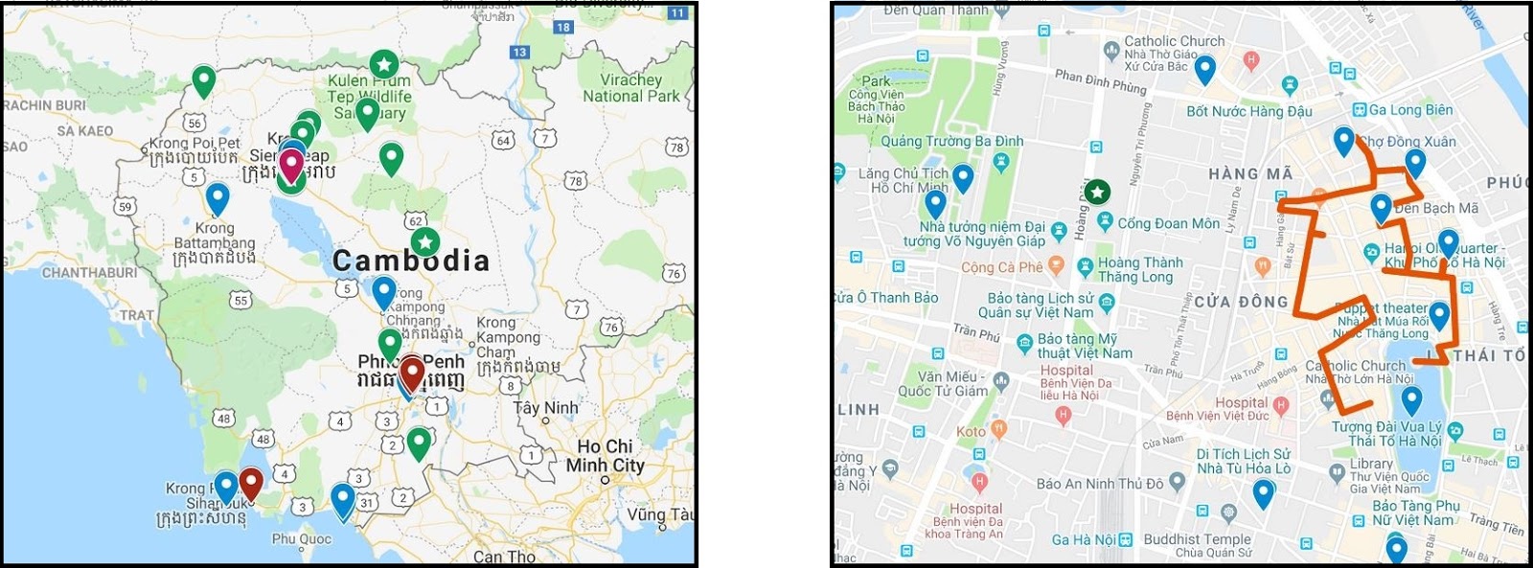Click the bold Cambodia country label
[x=411, y=261]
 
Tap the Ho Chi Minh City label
[x=605, y=456]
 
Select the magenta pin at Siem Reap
[x=290, y=166]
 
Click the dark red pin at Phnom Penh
[x=412, y=371]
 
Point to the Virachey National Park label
[x=630, y=88]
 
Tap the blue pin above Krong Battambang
[x=217, y=197]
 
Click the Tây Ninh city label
[x=546, y=408]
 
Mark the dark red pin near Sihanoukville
[x=251, y=482]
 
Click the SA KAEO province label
[x=84, y=131]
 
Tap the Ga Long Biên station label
[x=1410, y=110]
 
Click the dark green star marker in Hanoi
[x=1098, y=193]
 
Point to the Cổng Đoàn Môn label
[x=1168, y=223]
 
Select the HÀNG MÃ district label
[x=1250, y=174]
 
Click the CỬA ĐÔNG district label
[x=1241, y=302]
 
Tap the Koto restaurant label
[x=971, y=432]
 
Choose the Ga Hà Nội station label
[x=1084, y=540]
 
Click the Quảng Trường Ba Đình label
[x=951, y=142]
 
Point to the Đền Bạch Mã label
[x=1435, y=208]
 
